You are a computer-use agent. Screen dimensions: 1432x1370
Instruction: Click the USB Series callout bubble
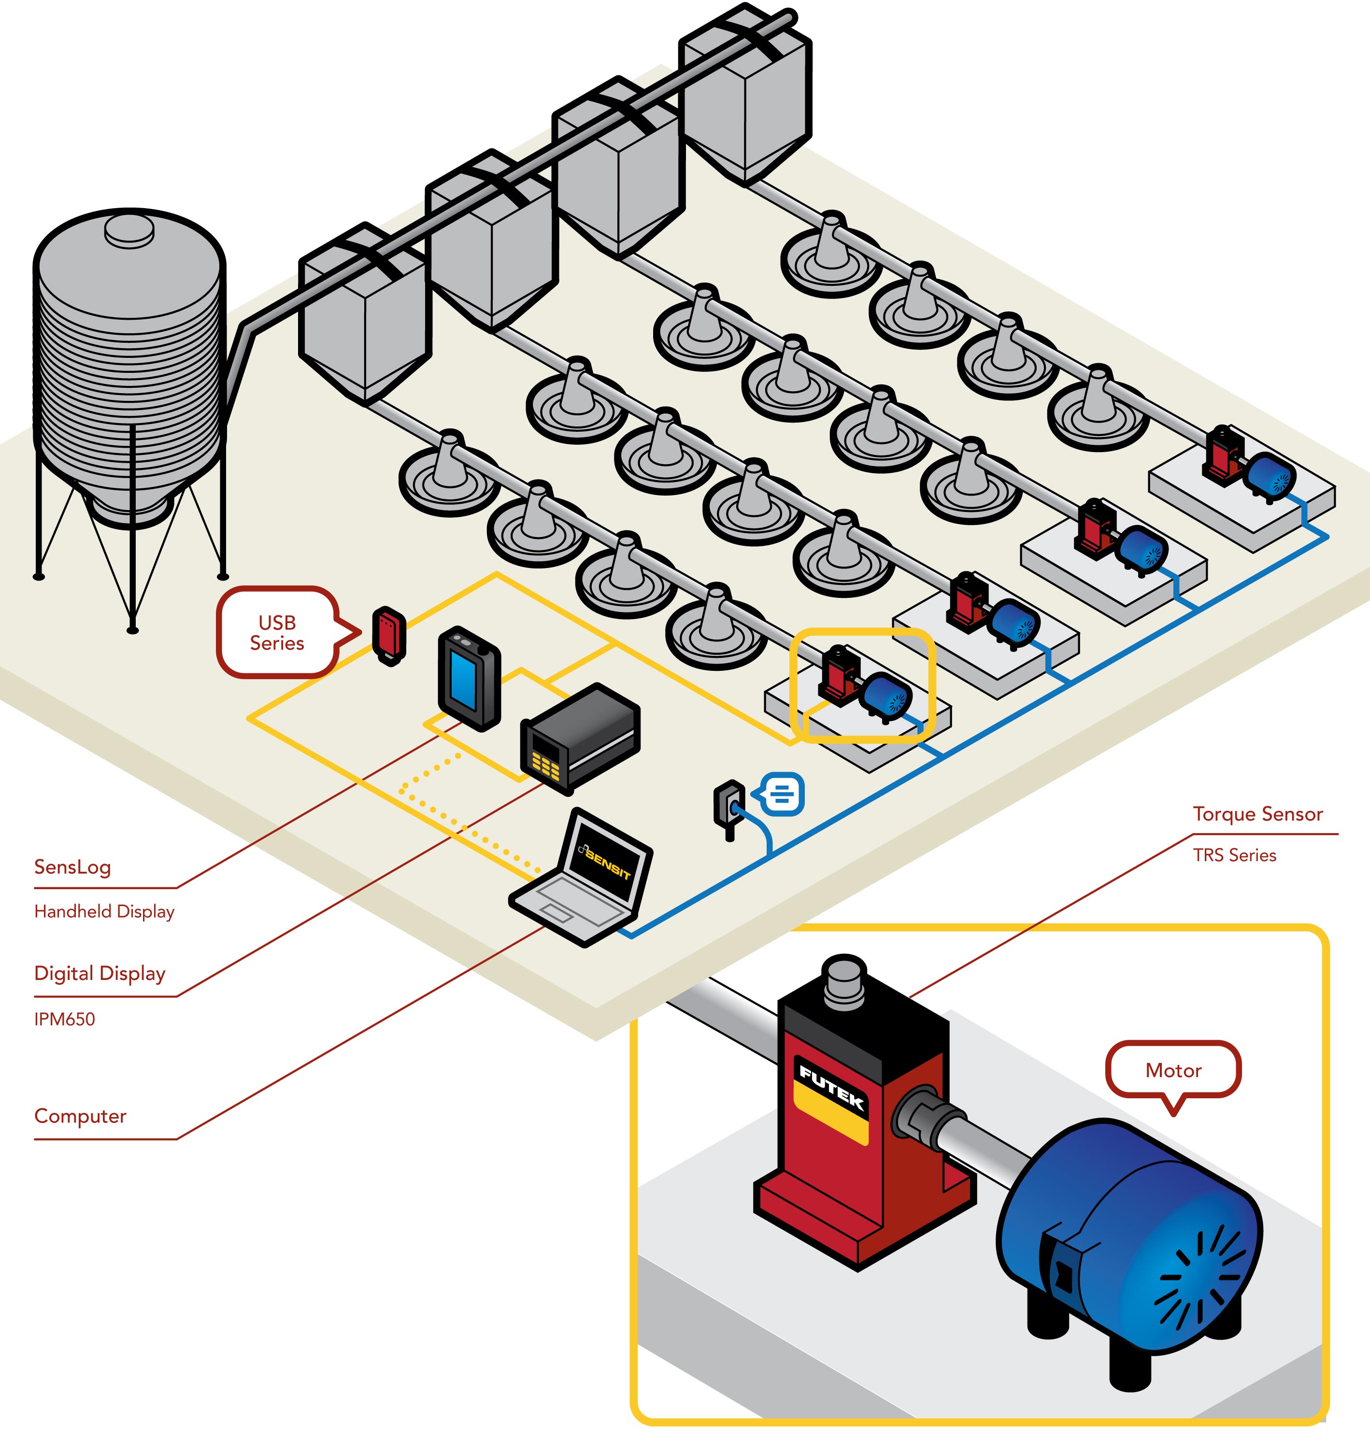[x=277, y=632]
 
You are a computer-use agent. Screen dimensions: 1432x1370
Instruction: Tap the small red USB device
[x=389, y=632]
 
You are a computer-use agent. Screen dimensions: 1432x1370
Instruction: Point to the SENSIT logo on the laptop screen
[x=608, y=865]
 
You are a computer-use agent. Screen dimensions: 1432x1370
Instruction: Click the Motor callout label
[x=1173, y=1071]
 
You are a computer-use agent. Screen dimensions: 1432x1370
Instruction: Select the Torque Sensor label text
[x=1257, y=814]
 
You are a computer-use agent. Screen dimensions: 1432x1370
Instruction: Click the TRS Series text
[x=1234, y=855]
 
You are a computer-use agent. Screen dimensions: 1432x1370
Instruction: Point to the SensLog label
[x=72, y=867]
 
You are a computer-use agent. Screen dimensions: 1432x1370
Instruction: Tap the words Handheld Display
[x=104, y=911]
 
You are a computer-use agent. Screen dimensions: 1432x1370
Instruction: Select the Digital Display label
[x=100, y=973]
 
